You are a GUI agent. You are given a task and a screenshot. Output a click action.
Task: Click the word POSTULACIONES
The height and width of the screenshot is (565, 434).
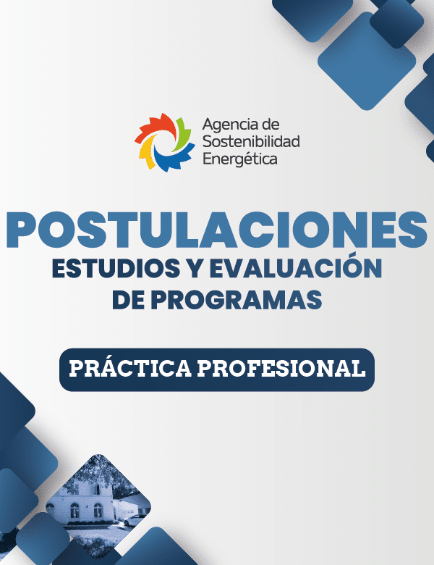[x=217, y=230]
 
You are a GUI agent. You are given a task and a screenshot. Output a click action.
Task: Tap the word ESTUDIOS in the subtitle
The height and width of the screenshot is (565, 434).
[x=116, y=268]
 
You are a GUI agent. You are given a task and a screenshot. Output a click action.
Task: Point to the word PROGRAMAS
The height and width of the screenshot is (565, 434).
[x=236, y=300]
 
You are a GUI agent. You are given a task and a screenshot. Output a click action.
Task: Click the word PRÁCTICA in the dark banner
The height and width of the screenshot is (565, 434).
[x=130, y=368]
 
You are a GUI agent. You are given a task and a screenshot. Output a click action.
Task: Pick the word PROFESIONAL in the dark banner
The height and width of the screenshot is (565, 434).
[x=281, y=369]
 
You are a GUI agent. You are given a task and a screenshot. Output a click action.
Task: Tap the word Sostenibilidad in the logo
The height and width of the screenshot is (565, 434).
[x=251, y=141]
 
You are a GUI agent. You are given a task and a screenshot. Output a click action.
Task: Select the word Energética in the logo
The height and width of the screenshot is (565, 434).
[x=240, y=159]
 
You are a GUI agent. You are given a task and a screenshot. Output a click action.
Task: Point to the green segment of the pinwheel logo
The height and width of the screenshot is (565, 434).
[x=183, y=133]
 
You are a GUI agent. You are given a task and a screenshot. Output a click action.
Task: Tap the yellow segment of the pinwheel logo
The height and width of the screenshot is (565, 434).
[x=146, y=152]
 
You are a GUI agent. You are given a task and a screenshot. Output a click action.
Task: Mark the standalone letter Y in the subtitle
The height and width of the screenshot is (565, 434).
[x=195, y=268]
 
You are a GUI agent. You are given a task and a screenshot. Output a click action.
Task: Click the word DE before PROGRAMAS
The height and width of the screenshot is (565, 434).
[x=129, y=300]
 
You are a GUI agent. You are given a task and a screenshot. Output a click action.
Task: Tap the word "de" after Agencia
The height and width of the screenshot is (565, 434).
[x=271, y=125]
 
